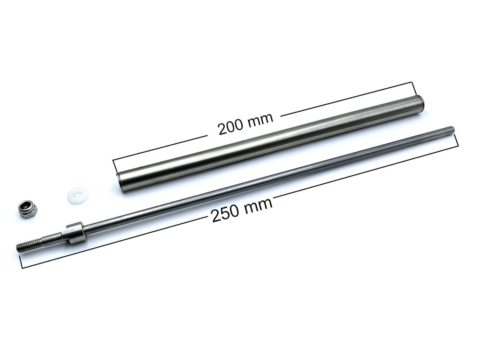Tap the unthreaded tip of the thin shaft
click(x=452, y=130)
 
